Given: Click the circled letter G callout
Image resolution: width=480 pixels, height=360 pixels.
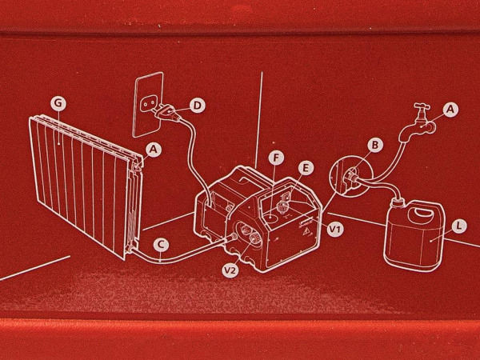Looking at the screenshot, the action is (58, 103).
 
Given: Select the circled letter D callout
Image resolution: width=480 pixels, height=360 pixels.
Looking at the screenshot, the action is (198, 106).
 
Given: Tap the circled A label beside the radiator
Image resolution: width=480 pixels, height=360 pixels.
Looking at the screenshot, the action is (154, 150).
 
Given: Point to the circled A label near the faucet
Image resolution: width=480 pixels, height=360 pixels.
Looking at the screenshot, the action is (450, 110).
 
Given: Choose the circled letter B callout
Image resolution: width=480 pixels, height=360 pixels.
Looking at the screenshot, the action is (374, 145).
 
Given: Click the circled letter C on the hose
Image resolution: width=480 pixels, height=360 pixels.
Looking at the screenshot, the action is (161, 245).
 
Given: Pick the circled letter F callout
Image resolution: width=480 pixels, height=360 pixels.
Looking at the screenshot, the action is (276, 158).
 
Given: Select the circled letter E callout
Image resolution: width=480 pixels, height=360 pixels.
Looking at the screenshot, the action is (306, 167).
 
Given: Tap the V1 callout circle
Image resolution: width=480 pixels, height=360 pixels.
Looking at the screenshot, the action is (335, 229).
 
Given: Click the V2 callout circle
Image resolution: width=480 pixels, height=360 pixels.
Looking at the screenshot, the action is (230, 270).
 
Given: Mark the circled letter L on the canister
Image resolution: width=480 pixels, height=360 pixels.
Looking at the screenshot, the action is (458, 226).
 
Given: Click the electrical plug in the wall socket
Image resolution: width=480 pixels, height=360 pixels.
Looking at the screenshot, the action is (168, 113).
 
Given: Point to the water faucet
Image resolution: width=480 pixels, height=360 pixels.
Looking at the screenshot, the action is (418, 124).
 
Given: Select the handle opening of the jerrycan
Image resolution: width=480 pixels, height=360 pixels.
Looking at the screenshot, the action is (422, 212).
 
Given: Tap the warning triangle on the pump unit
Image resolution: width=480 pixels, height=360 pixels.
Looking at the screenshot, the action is (305, 233).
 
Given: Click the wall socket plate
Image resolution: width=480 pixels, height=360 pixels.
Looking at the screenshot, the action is (148, 104).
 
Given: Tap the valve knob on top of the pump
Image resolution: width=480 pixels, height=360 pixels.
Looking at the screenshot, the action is (281, 207).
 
